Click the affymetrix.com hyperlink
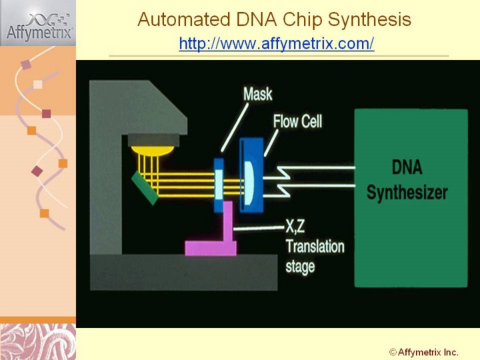(277, 44)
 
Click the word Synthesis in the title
(371, 20)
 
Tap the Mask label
(257, 94)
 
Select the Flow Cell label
(297, 121)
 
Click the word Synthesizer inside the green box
(407, 193)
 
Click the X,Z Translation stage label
(313, 247)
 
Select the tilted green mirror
(145, 188)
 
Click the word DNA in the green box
(407, 167)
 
